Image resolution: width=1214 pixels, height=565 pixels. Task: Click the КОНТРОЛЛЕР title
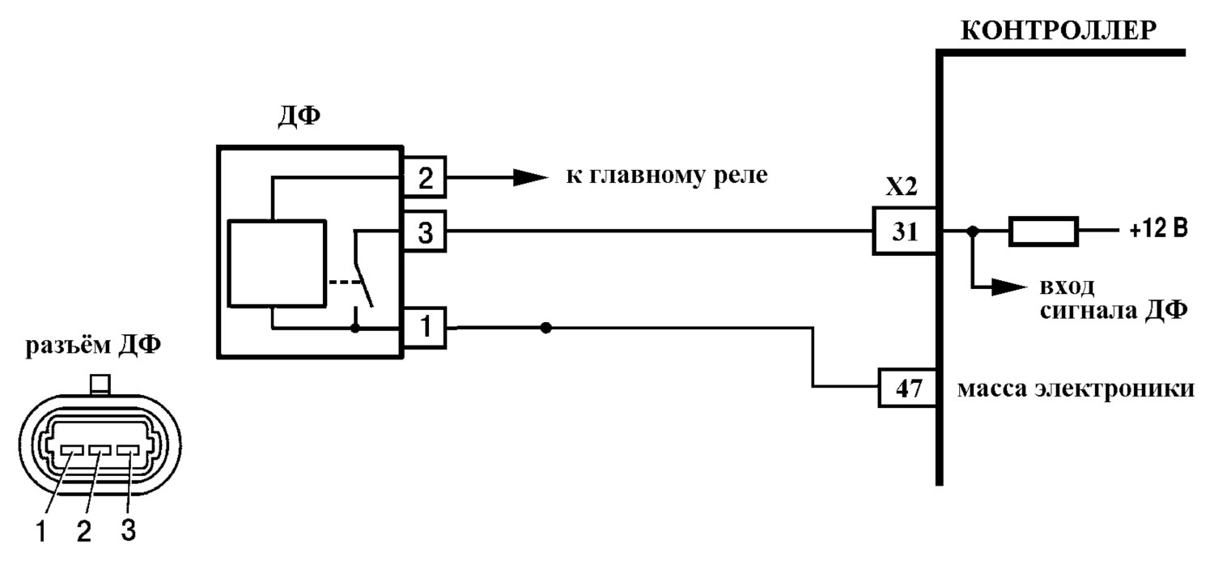pyautogui.click(x=1059, y=31)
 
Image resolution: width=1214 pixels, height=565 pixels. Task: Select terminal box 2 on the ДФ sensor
pyautogui.click(x=425, y=176)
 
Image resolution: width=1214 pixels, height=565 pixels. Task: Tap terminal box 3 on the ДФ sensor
pyautogui.click(x=425, y=232)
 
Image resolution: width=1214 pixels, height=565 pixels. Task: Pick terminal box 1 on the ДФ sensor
pyautogui.click(x=425, y=328)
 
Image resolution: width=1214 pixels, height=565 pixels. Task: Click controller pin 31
pyautogui.click(x=905, y=231)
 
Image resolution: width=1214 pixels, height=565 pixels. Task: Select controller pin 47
pyautogui.click(x=908, y=388)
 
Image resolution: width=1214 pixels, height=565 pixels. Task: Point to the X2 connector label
pyautogui.click(x=902, y=186)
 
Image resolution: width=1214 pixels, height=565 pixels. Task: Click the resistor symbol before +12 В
pyautogui.click(x=1043, y=232)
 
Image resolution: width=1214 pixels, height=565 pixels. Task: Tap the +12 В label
pyautogui.click(x=1159, y=229)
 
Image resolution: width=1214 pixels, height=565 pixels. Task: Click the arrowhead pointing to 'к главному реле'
pyautogui.click(x=531, y=177)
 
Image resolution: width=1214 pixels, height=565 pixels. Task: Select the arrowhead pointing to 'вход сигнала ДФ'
pyautogui.click(x=1009, y=287)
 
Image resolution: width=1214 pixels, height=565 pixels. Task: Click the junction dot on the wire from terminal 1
pyautogui.click(x=545, y=328)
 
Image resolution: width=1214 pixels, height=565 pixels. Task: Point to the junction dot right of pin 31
pyautogui.click(x=973, y=232)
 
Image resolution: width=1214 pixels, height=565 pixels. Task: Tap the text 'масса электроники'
pyautogui.click(x=1076, y=389)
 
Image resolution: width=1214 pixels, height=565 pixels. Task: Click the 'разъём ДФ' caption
pyautogui.click(x=93, y=346)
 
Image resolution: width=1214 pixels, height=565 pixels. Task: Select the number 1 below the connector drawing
pyautogui.click(x=40, y=531)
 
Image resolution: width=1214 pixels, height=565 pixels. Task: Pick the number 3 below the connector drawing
pyautogui.click(x=128, y=530)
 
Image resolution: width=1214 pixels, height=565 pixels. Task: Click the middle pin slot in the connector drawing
pyautogui.click(x=100, y=450)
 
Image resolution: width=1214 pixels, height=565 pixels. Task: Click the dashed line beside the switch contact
pyautogui.click(x=345, y=282)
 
